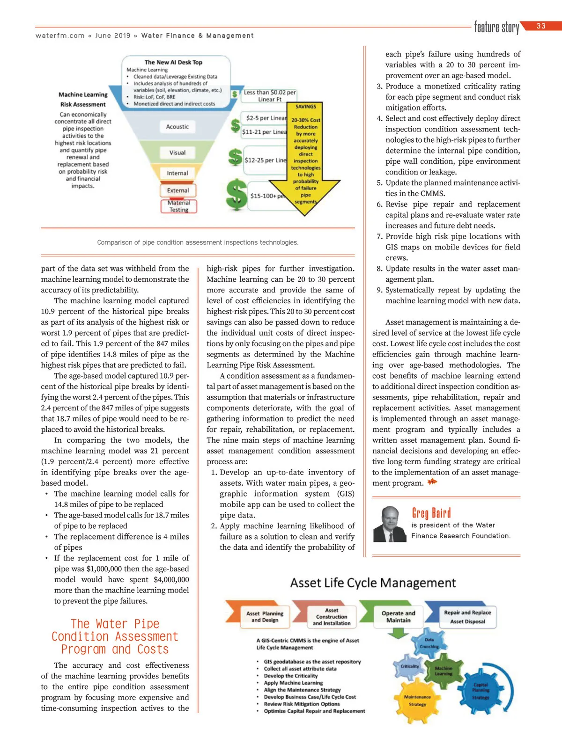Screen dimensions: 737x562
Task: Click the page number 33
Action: pyautogui.click(x=541, y=26)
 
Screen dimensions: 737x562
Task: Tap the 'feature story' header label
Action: pyautogui.click(x=496, y=28)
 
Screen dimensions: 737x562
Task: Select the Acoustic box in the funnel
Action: pyautogui.click(x=177, y=127)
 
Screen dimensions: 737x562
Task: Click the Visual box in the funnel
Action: pyautogui.click(x=177, y=153)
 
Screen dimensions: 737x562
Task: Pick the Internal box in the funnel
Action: pyautogui.click(x=177, y=173)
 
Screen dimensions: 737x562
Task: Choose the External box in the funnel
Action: pyautogui.click(x=178, y=190)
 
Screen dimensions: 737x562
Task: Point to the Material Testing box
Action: pyautogui.click(x=179, y=206)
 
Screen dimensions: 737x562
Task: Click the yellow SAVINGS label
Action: pyautogui.click(x=306, y=107)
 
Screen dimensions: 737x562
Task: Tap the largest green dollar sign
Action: pyautogui.click(x=237, y=194)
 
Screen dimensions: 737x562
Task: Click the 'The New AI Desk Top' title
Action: pyautogui.click(x=173, y=62)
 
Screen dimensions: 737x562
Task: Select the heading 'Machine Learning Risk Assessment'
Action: pyautogui.click(x=83, y=99)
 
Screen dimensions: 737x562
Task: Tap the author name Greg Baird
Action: pyautogui.click(x=431, y=513)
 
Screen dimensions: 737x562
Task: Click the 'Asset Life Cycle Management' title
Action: pyautogui.click(x=373, y=583)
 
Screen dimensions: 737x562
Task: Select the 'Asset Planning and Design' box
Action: pyautogui.click(x=265, y=616)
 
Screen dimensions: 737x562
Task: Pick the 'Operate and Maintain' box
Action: pyautogui.click(x=398, y=616)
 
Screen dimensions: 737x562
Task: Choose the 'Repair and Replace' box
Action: pyautogui.click(x=467, y=616)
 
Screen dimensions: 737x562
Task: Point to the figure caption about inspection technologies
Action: pyautogui.click(x=198, y=242)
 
